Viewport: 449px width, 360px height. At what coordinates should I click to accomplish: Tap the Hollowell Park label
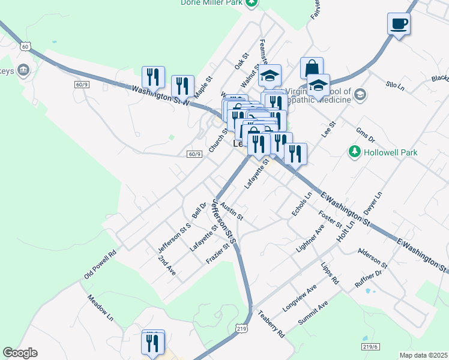coord(391,153)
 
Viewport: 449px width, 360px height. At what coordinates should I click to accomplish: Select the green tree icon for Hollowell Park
coord(355,152)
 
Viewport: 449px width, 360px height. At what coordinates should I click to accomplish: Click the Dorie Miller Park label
coord(211,3)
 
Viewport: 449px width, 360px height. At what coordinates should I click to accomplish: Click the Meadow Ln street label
coord(100,306)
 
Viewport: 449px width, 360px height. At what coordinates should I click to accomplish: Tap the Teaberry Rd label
coord(271,323)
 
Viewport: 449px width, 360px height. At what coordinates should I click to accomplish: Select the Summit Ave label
coord(313,314)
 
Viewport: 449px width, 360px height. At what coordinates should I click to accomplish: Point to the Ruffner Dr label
coord(369,281)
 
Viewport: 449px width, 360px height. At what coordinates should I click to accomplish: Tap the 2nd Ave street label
coord(167,265)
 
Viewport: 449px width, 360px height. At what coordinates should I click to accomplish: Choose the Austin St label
coord(231,211)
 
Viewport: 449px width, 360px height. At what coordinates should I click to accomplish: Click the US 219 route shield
coord(241,329)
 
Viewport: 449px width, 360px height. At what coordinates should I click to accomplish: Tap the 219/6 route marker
coord(371,347)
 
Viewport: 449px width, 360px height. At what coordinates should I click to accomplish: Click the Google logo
coord(20,353)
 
